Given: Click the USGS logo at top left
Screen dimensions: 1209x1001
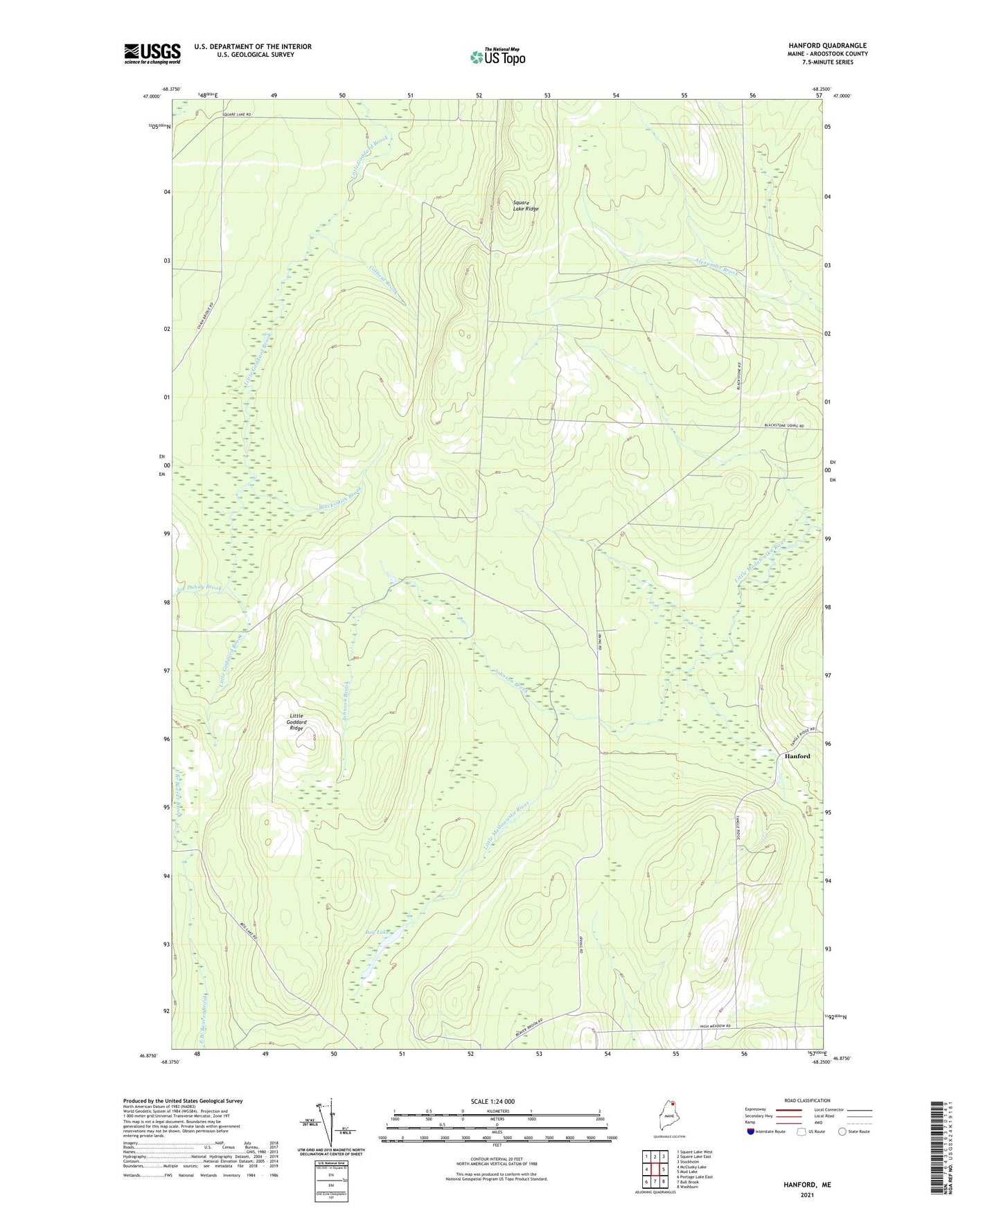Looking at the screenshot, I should pyautogui.click(x=152, y=53).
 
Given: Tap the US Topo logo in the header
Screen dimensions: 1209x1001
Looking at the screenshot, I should pyautogui.click(x=497, y=57).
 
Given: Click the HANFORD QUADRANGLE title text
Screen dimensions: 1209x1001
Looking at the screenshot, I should pyautogui.click(x=827, y=46).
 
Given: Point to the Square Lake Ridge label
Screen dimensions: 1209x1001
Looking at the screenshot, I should pyautogui.click(x=524, y=205).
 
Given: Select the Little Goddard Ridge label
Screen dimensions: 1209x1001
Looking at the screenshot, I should pyautogui.click(x=296, y=722).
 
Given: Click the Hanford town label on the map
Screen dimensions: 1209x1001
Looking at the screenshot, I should pyautogui.click(x=797, y=756).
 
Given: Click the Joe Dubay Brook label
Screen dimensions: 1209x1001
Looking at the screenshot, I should pyautogui.click(x=200, y=589).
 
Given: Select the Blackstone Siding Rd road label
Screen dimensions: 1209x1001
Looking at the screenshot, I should pyautogui.click(x=783, y=426).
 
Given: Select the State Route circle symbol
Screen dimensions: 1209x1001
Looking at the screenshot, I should pyautogui.click(x=842, y=1131).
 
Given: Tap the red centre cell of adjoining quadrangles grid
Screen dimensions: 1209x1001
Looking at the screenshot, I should pyautogui.click(x=655, y=1170).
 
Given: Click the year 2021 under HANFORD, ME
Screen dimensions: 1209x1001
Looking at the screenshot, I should pyautogui.click(x=807, y=1194).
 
